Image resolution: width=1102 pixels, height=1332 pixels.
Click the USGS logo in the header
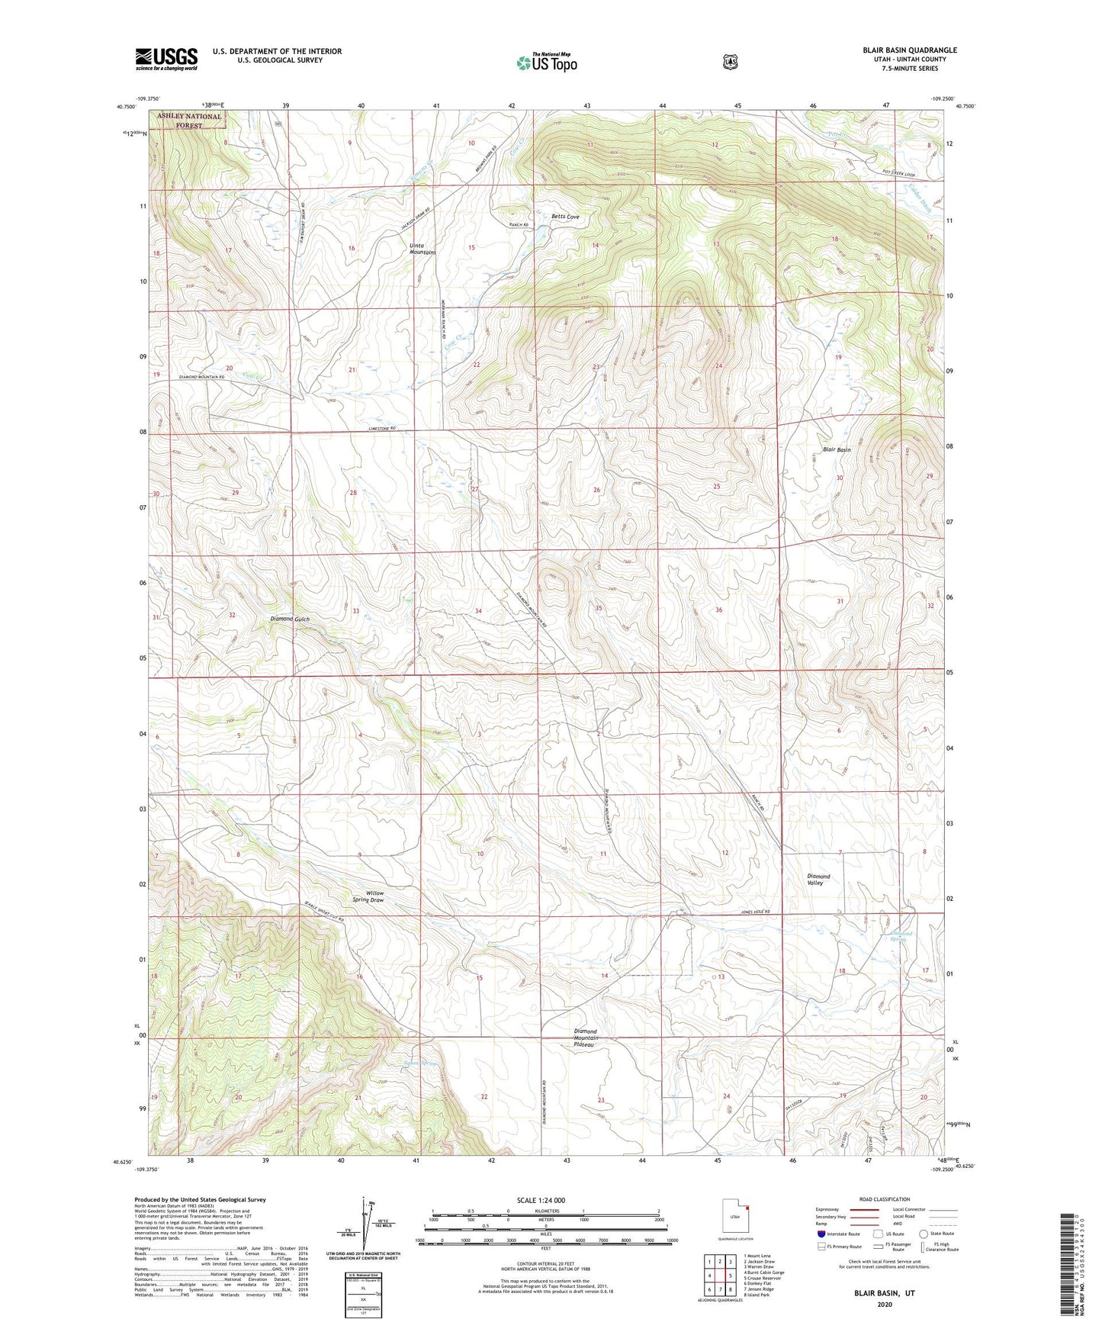click(166, 59)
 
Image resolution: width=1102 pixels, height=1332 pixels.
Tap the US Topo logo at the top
click(545, 63)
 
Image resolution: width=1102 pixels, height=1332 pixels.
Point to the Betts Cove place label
click(565, 217)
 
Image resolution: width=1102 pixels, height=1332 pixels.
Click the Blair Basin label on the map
click(837, 450)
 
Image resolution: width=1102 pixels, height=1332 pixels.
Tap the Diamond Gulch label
click(290, 619)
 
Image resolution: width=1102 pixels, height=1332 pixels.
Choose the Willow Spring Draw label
click(373, 896)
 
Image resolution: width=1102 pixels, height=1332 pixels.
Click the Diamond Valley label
click(818, 880)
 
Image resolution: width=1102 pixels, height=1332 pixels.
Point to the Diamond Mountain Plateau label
click(586, 1038)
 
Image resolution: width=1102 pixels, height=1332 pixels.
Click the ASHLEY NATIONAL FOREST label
click(190, 121)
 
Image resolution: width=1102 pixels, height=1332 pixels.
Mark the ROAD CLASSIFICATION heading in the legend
click(884, 1199)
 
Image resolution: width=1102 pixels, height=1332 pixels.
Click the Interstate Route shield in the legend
click(821, 1234)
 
